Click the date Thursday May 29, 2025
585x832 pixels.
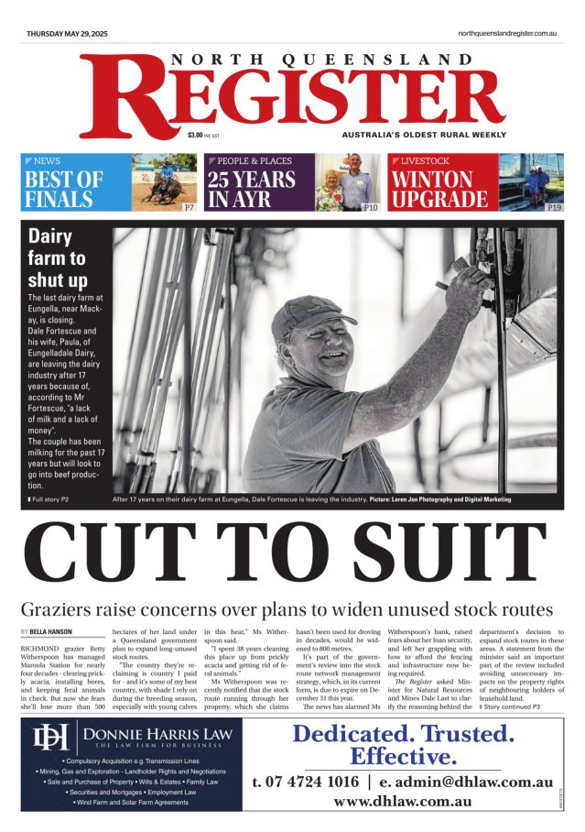point(67,34)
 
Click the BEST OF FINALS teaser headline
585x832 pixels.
point(63,189)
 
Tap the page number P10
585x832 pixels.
point(371,208)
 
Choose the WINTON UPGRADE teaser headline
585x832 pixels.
point(439,189)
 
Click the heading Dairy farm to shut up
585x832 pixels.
point(57,257)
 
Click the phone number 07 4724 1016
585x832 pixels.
point(305,782)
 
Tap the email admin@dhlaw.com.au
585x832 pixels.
point(475,782)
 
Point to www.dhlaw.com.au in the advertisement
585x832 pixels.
point(402,801)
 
